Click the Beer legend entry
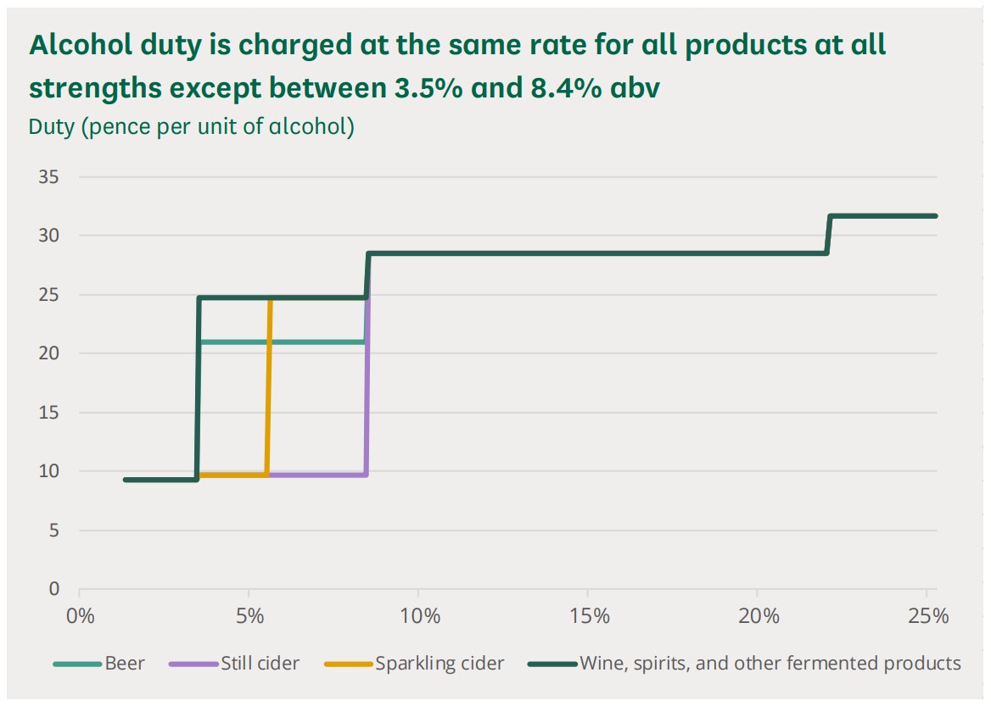pos(124,663)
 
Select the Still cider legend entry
pos(260,663)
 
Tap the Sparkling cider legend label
pos(439,663)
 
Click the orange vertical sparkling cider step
pos(269,390)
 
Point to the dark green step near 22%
pos(829,235)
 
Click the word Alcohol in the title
pos(74,46)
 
